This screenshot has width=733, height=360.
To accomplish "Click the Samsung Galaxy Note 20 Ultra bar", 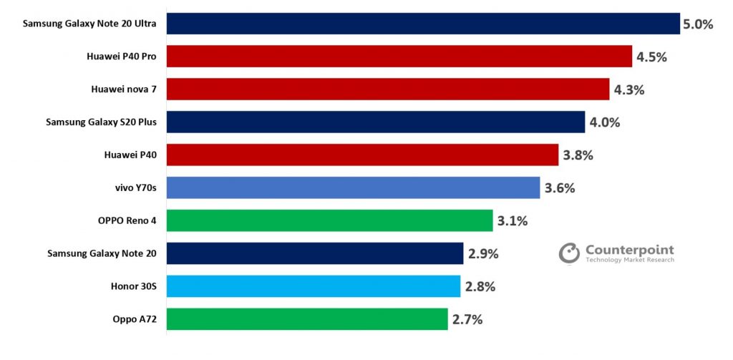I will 422,24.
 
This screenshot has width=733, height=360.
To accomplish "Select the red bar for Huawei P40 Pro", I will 399,57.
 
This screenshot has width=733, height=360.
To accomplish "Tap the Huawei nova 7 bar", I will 387,89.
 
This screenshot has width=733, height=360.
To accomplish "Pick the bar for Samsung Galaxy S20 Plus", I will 375,122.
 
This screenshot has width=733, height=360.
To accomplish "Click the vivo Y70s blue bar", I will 353,188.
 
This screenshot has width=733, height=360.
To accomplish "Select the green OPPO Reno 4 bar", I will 329,220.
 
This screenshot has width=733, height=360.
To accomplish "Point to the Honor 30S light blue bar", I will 313,286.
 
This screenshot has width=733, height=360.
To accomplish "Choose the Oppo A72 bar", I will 307,319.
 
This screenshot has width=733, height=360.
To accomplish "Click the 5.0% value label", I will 698,24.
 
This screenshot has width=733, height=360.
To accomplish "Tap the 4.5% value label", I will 651,57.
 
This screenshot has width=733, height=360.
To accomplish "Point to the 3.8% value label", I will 578,155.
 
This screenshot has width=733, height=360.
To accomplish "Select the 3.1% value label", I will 513,221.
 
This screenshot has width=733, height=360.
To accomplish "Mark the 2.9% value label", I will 483,254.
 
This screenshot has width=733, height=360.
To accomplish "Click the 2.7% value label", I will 467,320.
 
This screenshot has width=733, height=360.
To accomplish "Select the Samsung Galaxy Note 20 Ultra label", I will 89,24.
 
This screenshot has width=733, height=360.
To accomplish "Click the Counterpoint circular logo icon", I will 569,254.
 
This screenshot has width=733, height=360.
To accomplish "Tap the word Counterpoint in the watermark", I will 629,250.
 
